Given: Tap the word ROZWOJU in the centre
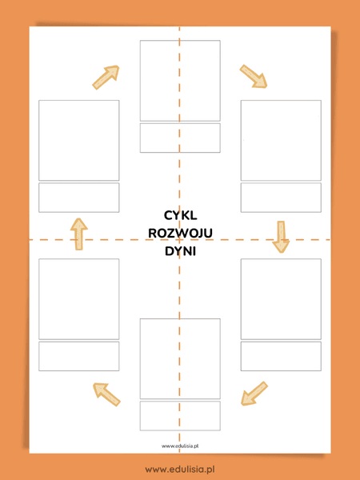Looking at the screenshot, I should (x=180, y=233).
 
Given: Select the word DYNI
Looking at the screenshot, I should (x=180, y=251).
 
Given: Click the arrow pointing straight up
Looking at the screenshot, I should (x=78, y=234).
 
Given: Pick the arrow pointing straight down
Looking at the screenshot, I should (x=280, y=236).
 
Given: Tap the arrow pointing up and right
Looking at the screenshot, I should (x=106, y=76).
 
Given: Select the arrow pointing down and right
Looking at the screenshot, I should (x=254, y=76).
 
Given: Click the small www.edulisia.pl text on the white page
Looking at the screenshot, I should (x=180, y=446).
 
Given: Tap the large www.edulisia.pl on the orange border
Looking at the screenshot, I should (x=180, y=468).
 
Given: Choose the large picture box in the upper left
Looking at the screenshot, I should (x=79, y=140).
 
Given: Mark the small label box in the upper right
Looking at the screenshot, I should (x=281, y=198).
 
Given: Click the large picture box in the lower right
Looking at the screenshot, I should (x=281, y=298).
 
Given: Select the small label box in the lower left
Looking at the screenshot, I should (x=79, y=356).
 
